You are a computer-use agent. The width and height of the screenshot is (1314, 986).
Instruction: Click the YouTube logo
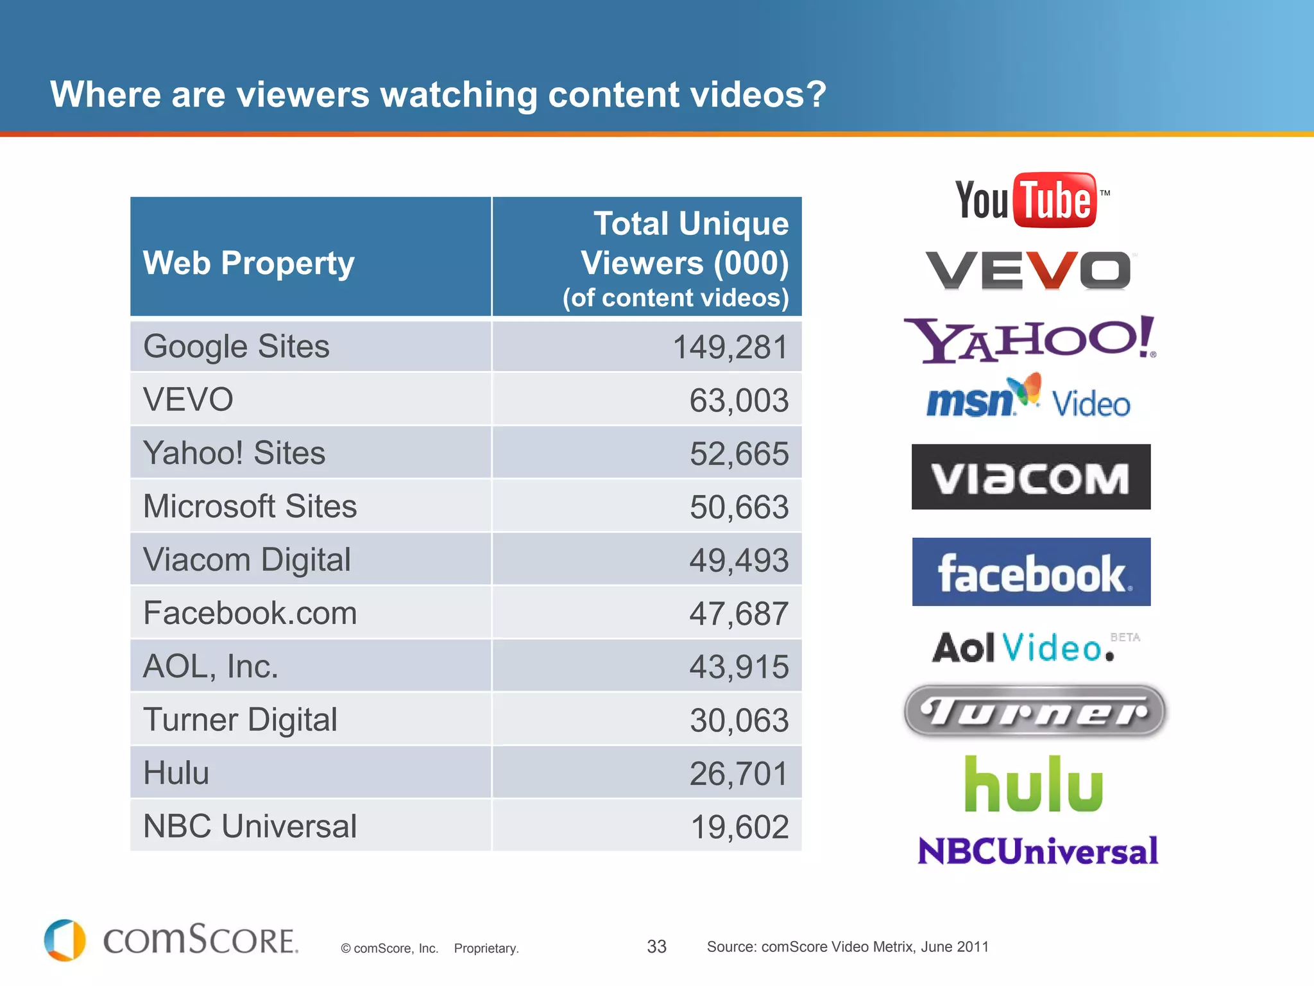[x=1032, y=200]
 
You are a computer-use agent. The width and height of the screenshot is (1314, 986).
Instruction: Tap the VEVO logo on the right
[x=1028, y=270]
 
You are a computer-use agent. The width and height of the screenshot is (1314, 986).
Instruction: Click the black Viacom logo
[x=1031, y=477]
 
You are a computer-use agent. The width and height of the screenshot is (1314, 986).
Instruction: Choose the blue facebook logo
[x=1031, y=572]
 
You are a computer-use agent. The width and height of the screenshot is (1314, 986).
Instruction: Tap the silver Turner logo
[x=1034, y=711]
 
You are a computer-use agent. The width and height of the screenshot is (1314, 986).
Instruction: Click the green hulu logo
[x=1034, y=784]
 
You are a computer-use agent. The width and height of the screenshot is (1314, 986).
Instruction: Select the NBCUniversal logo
[x=1037, y=851]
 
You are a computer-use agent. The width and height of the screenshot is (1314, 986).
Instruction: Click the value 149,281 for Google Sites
[x=730, y=347]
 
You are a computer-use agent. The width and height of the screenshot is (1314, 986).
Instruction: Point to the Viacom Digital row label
[x=247, y=560]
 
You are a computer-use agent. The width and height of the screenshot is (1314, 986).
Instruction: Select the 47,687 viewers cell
[x=738, y=614]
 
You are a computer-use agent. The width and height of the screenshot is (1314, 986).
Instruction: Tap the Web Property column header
[x=249, y=263]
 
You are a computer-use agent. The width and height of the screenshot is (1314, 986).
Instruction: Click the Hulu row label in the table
[x=176, y=773]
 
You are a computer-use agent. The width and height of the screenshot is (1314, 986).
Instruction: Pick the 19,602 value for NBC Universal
[x=739, y=827]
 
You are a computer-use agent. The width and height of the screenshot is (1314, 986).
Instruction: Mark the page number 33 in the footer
[x=656, y=947]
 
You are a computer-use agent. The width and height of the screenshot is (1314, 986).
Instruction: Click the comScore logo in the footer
[x=171, y=940]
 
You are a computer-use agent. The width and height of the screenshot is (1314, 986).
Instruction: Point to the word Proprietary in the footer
[x=486, y=948]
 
